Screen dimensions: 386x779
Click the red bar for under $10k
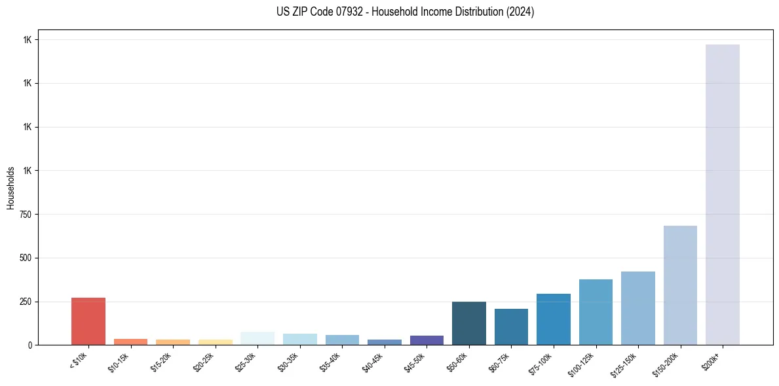[88, 321]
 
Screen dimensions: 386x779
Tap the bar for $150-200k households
[680, 285]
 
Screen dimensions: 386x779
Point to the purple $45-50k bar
[427, 340]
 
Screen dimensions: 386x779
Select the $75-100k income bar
[554, 319]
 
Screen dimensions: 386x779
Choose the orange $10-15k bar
[130, 342]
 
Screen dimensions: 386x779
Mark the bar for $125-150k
[638, 308]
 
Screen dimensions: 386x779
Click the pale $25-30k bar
[257, 338]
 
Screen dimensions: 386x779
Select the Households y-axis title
[10, 188]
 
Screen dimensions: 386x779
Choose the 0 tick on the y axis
[29, 345]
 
